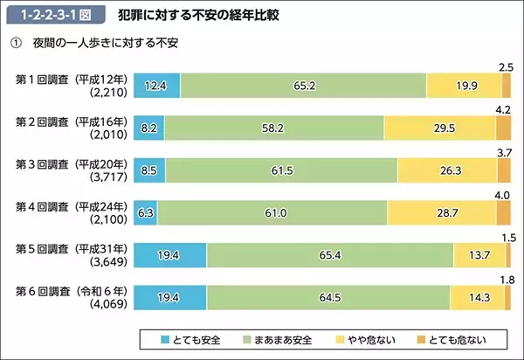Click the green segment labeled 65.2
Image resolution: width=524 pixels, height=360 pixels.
pyautogui.click(x=303, y=85)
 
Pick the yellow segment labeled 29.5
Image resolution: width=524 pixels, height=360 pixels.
pyautogui.click(x=439, y=128)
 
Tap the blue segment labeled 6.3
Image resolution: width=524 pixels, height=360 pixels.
pyautogui.click(x=145, y=212)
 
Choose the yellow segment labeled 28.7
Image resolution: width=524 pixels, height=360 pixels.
pyautogui.click(x=441, y=212)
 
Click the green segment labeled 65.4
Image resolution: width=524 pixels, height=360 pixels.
pyautogui.click(x=330, y=255)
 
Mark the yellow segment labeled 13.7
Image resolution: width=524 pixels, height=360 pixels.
pyautogui.click(x=479, y=255)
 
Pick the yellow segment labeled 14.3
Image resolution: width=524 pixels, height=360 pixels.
pyautogui.click(x=478, y=297)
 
